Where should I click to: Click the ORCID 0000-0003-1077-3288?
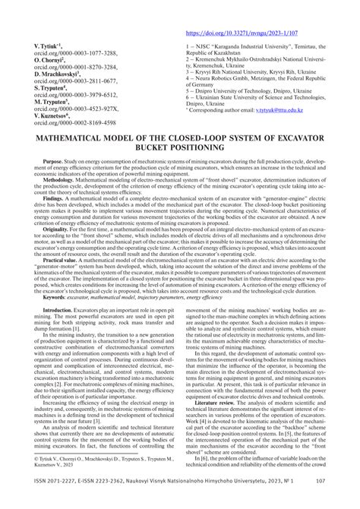pos(75,53)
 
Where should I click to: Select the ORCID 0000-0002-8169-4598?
pos(75,122)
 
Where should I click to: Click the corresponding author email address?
pos(278,110)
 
